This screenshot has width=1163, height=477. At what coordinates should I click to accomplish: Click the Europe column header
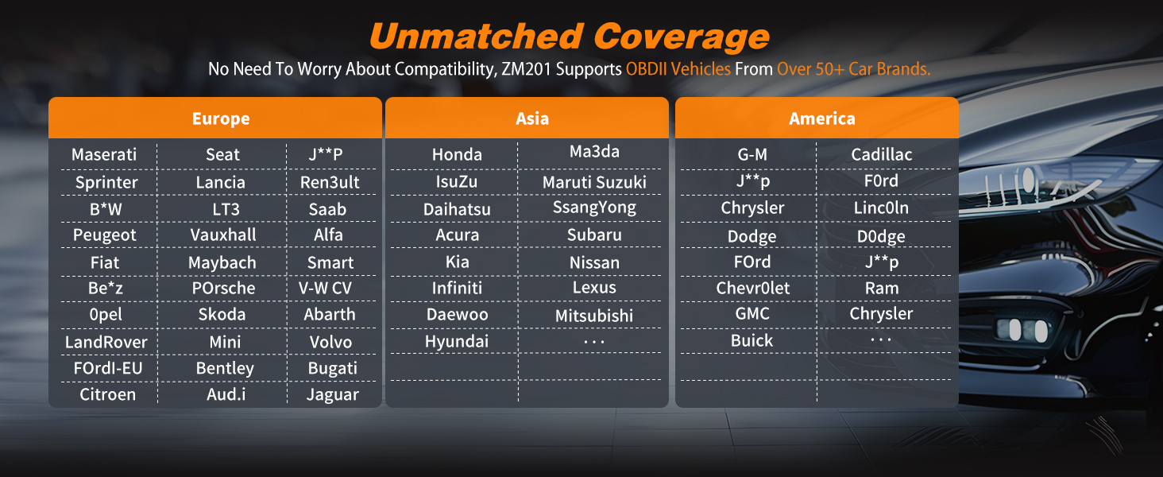coord(221,118)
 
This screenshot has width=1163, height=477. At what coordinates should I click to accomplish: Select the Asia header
coord(532,118)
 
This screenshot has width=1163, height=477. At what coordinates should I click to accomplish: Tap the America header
coord(822,118)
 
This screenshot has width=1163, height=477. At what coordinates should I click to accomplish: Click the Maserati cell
coord(104,154)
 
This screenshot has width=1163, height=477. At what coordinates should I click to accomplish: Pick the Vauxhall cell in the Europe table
coord(223,235)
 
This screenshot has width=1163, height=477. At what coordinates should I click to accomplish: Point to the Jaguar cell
coord(332,395)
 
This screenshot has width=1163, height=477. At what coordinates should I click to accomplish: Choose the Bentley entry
coord(225,368)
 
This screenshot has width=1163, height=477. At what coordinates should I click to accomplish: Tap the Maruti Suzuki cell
coord(594,182)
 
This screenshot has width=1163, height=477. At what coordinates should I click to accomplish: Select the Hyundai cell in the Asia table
coord(457,341)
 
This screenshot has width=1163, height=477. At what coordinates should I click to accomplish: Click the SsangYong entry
coord(594,207)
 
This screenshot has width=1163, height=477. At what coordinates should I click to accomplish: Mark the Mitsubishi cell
coord(594,316)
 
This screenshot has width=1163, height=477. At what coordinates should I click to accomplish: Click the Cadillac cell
coord(882,154)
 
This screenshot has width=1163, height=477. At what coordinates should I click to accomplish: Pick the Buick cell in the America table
coord(752,341)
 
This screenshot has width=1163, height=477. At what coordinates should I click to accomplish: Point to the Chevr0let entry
coord(753,288)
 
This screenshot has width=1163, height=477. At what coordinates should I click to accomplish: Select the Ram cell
coord(882,288)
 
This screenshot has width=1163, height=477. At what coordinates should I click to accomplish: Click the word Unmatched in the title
coord(477,37)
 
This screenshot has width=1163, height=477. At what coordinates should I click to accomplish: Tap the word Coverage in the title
coord(681,37)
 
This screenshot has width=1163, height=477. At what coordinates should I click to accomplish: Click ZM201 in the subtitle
coord(526,68)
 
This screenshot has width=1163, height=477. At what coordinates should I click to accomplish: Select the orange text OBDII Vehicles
coord(678,68)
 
